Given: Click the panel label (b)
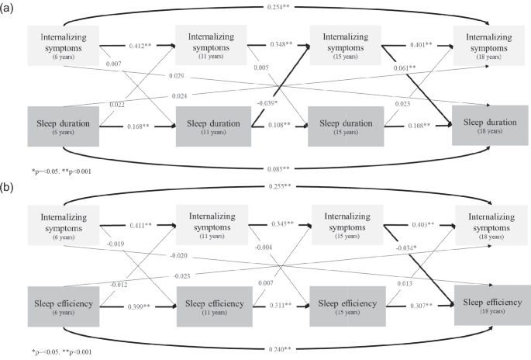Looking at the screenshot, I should click(x=7, y=188).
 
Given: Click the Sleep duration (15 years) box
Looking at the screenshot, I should click(x=347, y=126).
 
